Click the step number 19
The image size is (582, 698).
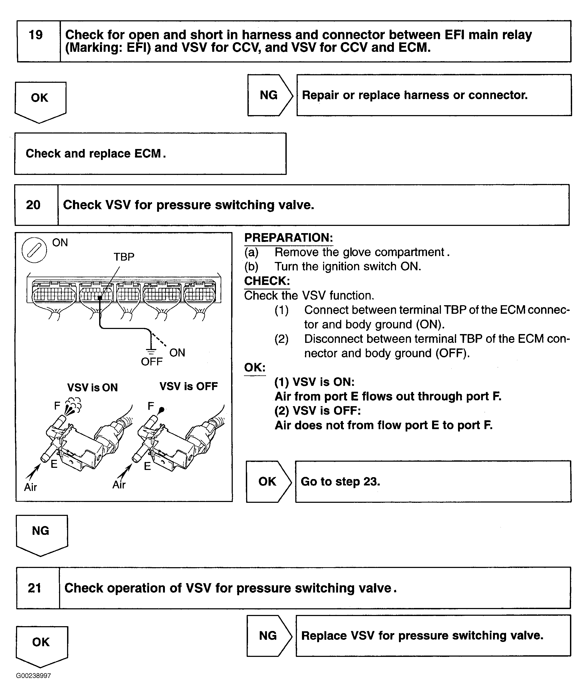[36, 35]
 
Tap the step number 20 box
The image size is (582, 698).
[33, 205]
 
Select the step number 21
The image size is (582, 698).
[34, 588]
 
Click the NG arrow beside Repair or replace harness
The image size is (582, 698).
[269, 95]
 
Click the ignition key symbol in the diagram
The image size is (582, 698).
[34, 250]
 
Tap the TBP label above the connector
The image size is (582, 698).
[124, 257]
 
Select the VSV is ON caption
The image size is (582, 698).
[92, 387]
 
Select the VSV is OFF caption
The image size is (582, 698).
[189, 386]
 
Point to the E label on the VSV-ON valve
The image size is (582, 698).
[54, 464]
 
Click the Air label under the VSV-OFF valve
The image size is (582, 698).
[119, 485]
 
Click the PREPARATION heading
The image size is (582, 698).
[288, 238]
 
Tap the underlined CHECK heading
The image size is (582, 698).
[267, 281]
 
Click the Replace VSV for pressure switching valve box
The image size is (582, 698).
[433, 636]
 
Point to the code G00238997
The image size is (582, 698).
[33, 676]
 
